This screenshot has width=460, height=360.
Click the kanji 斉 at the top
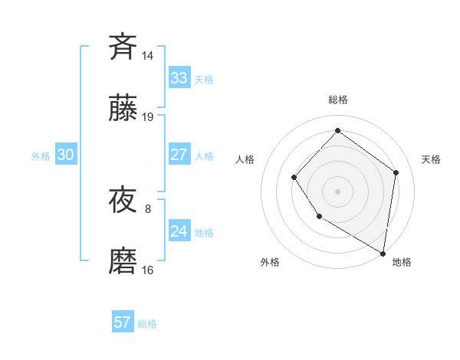[123, 46]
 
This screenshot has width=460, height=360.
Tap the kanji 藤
[123, 109]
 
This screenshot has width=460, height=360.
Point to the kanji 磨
[123, 262]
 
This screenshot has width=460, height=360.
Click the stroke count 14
[148, 55]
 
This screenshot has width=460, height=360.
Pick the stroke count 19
[148, 117]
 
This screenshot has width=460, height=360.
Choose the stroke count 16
[148, 270]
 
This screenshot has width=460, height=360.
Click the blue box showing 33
[179, 78]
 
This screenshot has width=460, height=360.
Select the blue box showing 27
[179, 155]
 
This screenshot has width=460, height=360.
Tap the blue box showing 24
[179, 231]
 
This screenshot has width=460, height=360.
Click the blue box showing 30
[66, 155]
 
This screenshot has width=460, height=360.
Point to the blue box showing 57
[123, 322]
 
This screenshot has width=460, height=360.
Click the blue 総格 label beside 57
[147, 324]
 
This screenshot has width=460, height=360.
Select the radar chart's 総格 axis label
[337, 100]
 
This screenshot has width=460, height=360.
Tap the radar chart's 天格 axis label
[431, 159]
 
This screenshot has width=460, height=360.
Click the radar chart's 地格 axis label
[402, 262]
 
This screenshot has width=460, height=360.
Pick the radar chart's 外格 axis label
[270, 262]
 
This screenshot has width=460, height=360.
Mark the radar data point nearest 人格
[294, 178]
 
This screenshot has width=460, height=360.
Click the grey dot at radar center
[337, 191]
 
